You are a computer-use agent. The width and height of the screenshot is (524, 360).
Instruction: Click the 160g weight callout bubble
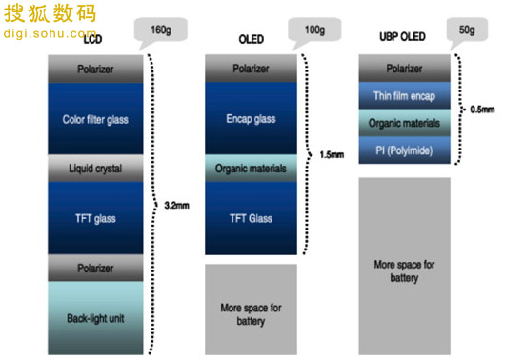point(161,30)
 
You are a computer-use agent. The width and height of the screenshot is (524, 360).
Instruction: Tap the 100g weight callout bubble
point(314,30)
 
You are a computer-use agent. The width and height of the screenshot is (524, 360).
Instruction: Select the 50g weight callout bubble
point(467,30)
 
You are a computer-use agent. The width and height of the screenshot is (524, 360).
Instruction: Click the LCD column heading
point(92,39)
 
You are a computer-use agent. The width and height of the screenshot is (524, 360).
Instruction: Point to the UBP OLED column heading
point(402,36)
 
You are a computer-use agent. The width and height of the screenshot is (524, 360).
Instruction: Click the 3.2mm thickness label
point(177,205)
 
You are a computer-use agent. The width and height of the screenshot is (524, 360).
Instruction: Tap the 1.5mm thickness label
point(332,154)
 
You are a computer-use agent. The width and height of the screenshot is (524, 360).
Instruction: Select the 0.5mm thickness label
point(482,110)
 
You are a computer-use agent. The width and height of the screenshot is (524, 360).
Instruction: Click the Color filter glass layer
point(95,118)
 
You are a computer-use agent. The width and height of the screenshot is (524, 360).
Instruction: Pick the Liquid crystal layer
point(95,168)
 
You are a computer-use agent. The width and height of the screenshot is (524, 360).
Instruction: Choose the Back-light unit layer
point(95,317)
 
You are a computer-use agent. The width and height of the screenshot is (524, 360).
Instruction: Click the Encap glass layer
point(251,118)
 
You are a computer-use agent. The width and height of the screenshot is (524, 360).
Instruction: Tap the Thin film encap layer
point(404,95)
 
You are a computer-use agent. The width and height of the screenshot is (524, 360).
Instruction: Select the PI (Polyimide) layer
point(404,150)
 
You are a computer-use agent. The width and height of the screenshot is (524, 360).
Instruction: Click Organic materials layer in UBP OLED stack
point(404,123)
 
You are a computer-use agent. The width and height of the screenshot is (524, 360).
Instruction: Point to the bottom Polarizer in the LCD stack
point(95,268)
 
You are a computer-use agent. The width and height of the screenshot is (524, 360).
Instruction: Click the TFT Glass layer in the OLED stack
point(251,218)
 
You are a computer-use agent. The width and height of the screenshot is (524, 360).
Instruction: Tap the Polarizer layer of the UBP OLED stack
point(404,69)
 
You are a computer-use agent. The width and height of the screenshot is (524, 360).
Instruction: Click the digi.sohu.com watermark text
point(50,33)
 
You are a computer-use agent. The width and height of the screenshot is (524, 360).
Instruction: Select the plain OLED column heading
point(252,39)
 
